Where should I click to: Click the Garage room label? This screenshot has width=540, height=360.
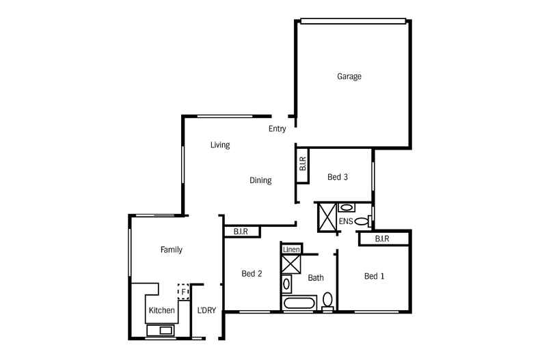pyautogui.click(x=349, y=76)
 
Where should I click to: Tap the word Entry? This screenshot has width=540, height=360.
pyautogui.click(x=278, y=128)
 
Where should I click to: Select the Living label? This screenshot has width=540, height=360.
pyautogui.click(x=220, y=145)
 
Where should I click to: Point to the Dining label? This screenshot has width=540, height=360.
pyautogui.click(x=260, y=180)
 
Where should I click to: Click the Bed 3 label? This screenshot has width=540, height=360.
pyautogui.click(x=338, y=177)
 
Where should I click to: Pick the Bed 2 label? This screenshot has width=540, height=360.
pyautogui.click(x=252, y=274)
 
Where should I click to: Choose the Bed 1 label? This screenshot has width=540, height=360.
pyautogui.click(x=375, y=276)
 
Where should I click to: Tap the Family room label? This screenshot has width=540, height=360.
pyautogui.click(x=172, y=249)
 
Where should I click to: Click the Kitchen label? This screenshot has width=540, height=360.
pyautogui.click(x=162, y=310)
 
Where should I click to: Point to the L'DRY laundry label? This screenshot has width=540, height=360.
pyautogui.click(x=206, y=310)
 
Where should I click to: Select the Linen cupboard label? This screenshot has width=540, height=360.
pyautogui.click(x=291, y=249)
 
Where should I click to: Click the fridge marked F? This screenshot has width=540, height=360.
pyautogui.click(x=184, y=292)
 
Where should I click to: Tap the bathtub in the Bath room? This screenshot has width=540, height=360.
pyautogui.click(x=299, y=303)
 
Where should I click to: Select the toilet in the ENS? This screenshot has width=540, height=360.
pyautogui.click(x=363, y=221)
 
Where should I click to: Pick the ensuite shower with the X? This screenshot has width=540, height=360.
pyautogui.click(x=327, y=217)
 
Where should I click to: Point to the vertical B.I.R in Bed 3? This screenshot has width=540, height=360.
pyautogui.click(x=303, y=164)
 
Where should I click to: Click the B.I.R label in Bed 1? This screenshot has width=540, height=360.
pyautogui.click(x=382, y=238)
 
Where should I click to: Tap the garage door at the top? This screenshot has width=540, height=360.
pyautogui.click(x=353, y=21)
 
